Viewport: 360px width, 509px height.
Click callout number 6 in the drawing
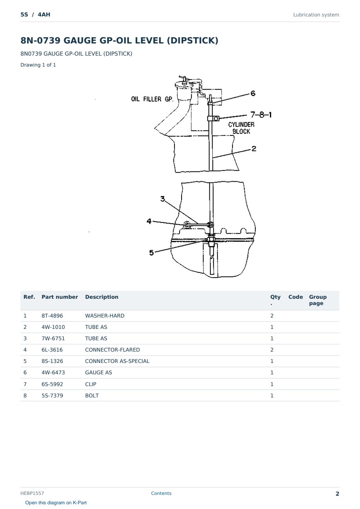point(253,93)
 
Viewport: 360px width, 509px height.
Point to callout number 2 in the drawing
point(254,149)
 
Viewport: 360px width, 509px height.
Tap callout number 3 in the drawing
point(162,199)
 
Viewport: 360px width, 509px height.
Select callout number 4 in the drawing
point(149,221)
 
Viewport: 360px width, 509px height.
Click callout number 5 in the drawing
point(151,253)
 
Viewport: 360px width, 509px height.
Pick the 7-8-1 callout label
point(261,114)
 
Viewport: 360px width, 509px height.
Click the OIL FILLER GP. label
point(152,99)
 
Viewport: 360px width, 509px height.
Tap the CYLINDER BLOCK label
point(241,128)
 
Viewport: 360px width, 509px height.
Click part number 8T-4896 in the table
point(52,316)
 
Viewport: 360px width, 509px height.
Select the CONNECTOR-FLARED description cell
point(112,350)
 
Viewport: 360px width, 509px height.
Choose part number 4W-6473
point(53,372)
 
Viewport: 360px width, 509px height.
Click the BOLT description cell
point(92,395)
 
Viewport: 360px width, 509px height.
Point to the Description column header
point(102,297)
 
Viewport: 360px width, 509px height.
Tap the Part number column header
point(60,297)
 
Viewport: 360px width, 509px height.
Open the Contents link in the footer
point(161,493)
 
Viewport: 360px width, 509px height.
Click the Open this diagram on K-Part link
point(56,503)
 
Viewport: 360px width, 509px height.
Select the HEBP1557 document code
point(32,493)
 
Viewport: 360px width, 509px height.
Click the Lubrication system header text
point(316,15)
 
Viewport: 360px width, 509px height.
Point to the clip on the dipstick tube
point(214,118)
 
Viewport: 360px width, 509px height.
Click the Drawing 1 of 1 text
point(38,65)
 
